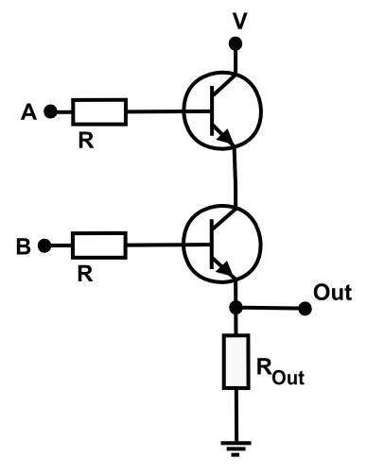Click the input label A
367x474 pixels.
coord(29,112)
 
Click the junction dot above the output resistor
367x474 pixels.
coord(234,308)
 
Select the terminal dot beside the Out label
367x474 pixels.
coord(305,308)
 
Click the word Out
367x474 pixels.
coord(332,293)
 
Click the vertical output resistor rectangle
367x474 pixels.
coord(234,361)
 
